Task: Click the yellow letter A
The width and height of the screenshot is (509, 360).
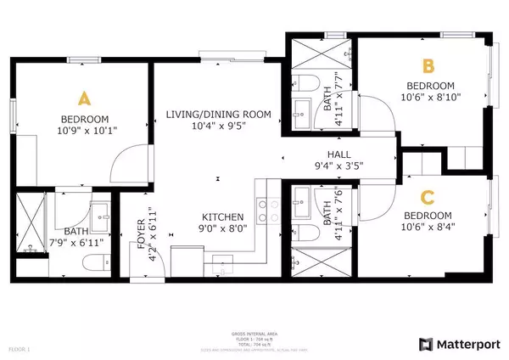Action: pyautogui.click(x=84, y=96)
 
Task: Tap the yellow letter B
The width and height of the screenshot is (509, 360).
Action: pyautogui.click(x=428, y=65)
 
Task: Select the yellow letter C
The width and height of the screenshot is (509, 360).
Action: pyautogui.click(x=428, y=197)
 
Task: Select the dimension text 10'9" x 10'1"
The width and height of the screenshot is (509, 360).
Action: pyautogui.click(x=84, y=132)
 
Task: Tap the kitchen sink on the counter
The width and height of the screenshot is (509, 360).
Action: pyautogui.click(x=223, y=259)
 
